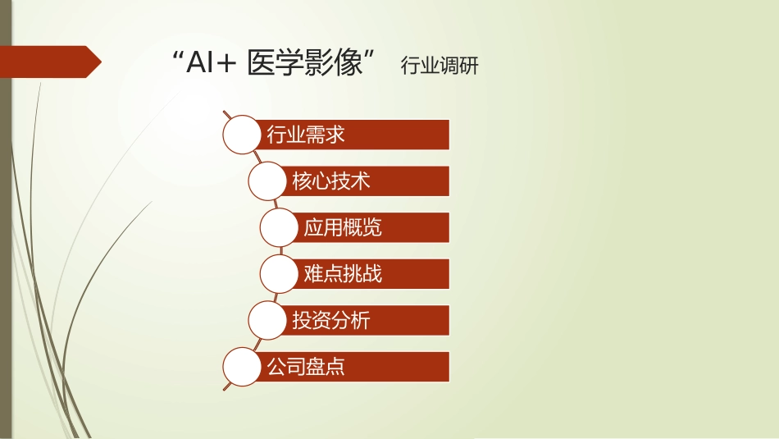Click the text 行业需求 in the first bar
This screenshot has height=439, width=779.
(x=306, y=135)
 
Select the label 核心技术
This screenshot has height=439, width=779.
(x=330, y=181)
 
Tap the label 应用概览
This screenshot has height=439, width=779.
(x=343, y=227)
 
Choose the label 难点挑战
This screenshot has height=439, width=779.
(x=343, y=273)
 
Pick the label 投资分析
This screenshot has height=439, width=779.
(x=330, y=320)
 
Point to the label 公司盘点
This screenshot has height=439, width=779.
(x=306, y=366)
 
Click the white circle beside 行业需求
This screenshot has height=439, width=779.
(x=244, y=135)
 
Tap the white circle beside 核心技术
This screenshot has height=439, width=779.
(x=269, y=181)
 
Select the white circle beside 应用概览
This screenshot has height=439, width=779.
(x=280, y=227)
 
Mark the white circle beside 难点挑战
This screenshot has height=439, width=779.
(x=280, y=273)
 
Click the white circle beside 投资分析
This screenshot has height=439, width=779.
(x=269, y=320)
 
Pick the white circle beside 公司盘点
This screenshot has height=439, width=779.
(x=244, y=366)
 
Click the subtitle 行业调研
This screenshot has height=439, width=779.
(x=439, y=66)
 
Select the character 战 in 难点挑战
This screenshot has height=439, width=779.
(x=372, y=273)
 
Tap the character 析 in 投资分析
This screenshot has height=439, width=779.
(x=360, y=320)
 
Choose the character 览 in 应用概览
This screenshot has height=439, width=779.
(x=372, y=227)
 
